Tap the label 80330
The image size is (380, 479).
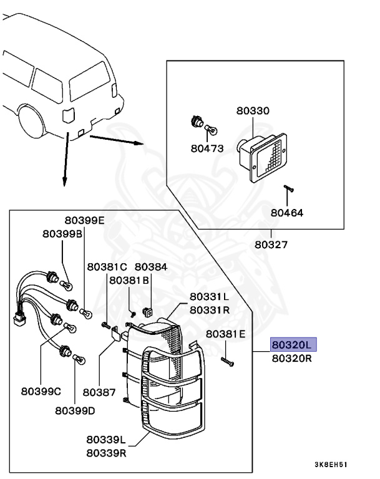coord(253,111)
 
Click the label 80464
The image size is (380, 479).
coord(287,212)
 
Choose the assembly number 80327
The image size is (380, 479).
coord(271,244)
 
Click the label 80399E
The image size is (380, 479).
coord(84,220)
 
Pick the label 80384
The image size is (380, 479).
coord(151,266)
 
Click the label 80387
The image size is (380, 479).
coord(100,392)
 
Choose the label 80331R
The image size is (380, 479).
coord(209,309)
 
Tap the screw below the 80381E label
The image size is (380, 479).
coord(227,360)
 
